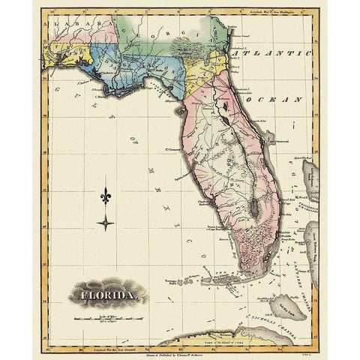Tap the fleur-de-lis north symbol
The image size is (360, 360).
(106, 196)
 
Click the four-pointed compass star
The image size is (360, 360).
(106, 222)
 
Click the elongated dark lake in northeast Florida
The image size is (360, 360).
(223, 109)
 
